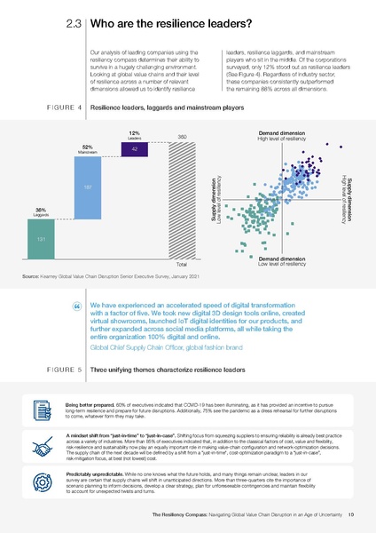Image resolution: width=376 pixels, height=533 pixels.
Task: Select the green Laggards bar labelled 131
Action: (42, 240)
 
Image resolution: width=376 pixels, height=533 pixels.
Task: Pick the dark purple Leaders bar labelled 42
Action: (134, 150)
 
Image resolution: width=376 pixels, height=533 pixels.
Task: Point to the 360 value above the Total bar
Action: (181, 136)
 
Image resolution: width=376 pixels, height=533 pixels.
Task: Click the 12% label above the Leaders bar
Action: (134, 133)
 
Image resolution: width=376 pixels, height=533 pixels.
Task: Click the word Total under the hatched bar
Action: (181, 265)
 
